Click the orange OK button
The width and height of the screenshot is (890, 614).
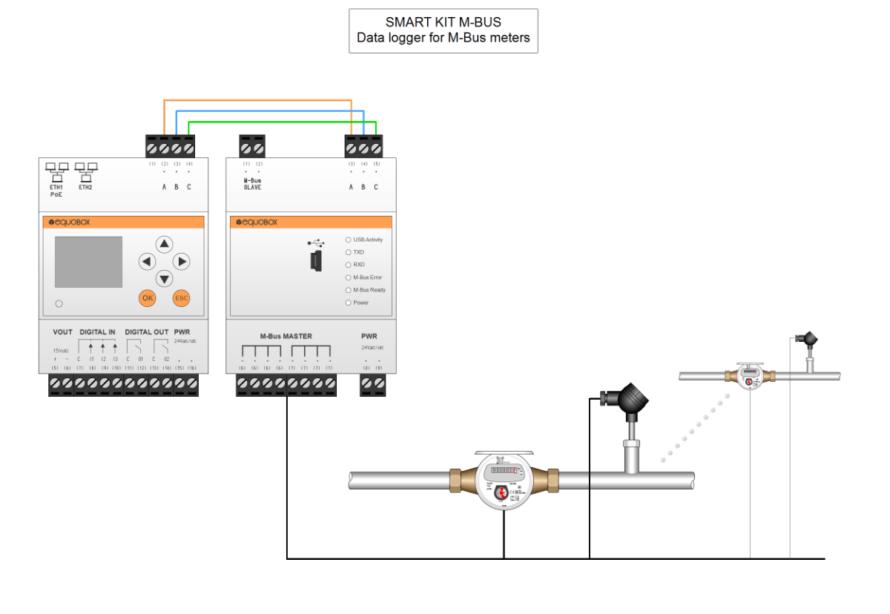tap(148, 298)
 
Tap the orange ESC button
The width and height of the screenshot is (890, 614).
tap(181, 298)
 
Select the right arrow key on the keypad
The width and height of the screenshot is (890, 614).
tap(181, 261)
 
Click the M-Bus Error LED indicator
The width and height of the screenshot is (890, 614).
tap(349, 277)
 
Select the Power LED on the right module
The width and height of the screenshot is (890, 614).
tap(349, 303)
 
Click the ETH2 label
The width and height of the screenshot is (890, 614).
tap(86, 188)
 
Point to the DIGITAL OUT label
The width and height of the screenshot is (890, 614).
tap(146, 332)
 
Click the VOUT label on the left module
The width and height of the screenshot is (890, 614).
tap(63, 332)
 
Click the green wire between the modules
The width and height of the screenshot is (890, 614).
tap(282, 122)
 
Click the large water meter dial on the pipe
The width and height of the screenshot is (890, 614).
tap(504, 480)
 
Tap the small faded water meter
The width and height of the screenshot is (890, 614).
tap(749, 376)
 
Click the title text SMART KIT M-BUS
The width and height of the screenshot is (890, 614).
tap(443, 22)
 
